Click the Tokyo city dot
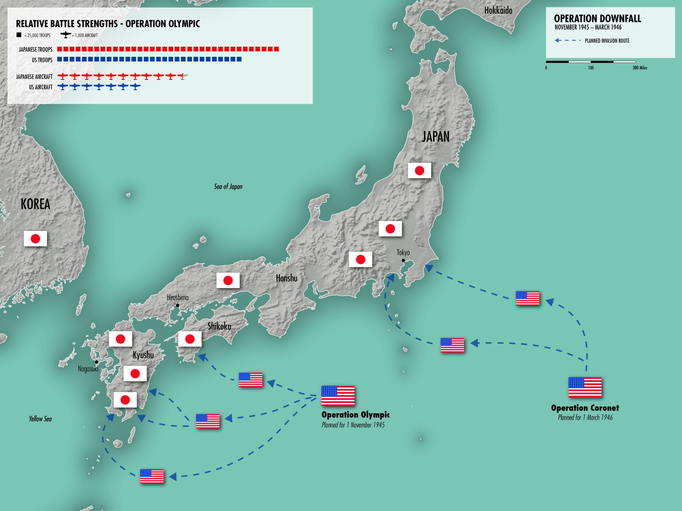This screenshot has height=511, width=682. (403, 260)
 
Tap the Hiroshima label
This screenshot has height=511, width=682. (177, 298)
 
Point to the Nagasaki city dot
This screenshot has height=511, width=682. (97, 362)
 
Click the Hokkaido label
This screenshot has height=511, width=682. (498, 11)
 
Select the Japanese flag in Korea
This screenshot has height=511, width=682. (35, 239)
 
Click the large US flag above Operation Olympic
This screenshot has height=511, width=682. (338, 396)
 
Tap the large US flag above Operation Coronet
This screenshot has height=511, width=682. (585, 387)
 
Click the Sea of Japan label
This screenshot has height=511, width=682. (228, 187)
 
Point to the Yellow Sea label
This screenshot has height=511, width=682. (40, 419)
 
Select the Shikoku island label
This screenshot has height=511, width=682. (219, 326)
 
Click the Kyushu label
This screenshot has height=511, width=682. (143, 355)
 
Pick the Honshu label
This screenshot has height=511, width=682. (286, 278)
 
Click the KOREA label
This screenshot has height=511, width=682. (35, 204)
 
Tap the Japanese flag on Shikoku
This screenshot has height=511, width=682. (190, 339)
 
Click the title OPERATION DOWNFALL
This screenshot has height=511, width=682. (597, 19)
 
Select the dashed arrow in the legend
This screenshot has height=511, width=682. (568, 41)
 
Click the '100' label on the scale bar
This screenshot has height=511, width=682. (591, 68)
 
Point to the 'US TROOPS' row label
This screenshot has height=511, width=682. (42, 60)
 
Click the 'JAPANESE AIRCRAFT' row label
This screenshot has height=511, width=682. (34, 77)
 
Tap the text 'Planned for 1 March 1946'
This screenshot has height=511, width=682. (585, 418)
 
